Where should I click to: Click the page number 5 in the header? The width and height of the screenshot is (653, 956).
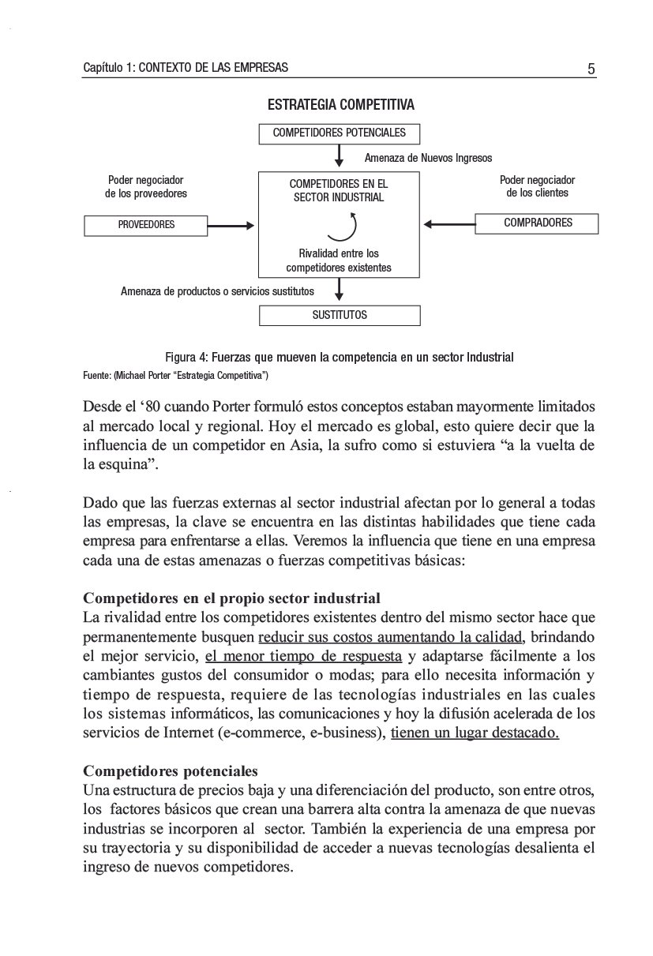591,69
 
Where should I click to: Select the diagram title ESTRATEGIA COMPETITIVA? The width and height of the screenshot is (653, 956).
340,105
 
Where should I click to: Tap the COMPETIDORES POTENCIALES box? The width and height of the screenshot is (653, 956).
340,133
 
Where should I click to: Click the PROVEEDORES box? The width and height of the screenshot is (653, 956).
146,225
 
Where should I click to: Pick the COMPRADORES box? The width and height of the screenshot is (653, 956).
537,223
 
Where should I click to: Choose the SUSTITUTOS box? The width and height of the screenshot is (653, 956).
340,315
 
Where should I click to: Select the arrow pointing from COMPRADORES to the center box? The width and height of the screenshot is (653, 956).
450,224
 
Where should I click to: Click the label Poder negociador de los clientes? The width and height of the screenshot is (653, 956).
537,186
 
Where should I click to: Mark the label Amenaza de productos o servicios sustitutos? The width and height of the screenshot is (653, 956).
217,291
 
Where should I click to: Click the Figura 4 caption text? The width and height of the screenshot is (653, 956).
340,358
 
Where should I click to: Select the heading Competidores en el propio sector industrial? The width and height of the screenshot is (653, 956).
232,598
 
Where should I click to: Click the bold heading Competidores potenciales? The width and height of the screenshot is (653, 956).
171,770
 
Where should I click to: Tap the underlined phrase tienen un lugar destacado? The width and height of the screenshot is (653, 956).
475,733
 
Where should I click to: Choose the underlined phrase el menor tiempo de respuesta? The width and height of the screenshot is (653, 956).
303,656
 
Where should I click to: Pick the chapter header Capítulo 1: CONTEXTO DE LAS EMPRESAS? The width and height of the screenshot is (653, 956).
186,68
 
